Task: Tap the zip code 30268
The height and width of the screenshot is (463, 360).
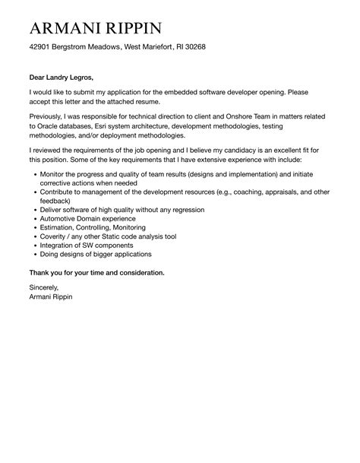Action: click(x=191, y=48)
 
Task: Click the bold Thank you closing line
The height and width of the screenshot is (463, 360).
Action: click(x=96, y=271)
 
